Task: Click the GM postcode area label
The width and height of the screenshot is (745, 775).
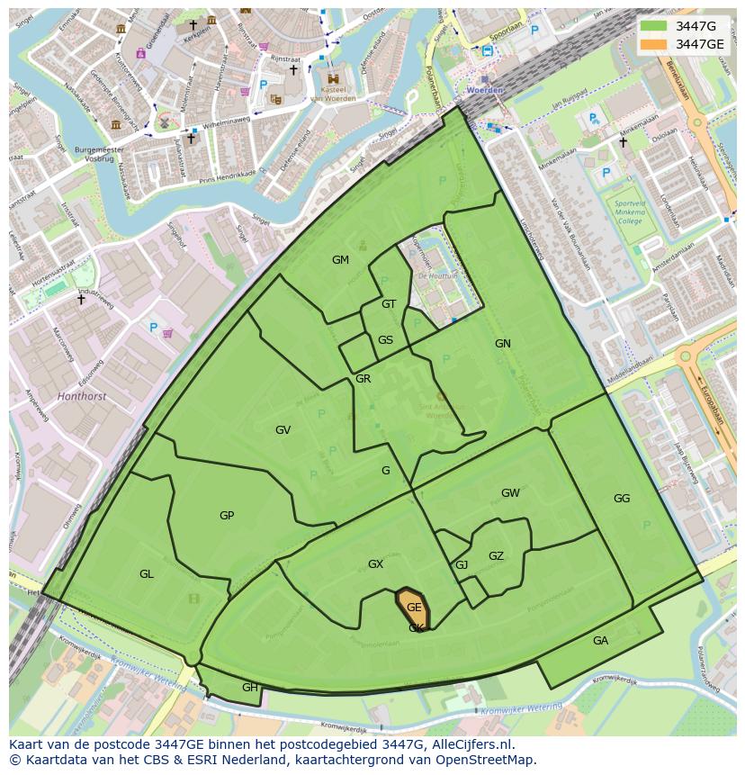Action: [x=340, y=260]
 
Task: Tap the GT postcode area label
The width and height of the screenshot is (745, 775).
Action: [x=389, y=304]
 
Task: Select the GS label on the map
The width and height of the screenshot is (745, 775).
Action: [x=385, y=340]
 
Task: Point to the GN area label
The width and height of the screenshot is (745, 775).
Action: [x=502, y=344]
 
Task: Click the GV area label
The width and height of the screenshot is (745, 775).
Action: [x=283, y=430]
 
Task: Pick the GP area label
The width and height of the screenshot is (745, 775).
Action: [x=227, y=516]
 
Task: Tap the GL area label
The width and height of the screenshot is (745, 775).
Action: [x=146, y=574]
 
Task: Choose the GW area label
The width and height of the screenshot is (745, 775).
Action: [x=510, y=493]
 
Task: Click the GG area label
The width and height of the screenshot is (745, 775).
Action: [x=622, y=499]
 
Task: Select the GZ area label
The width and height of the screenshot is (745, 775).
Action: [x=496, y=556]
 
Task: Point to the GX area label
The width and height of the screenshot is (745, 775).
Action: [x=375, y=564]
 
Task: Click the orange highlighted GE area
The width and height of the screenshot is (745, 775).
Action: [x=413, y=608]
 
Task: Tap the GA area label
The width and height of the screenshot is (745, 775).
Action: [x=600, y=641]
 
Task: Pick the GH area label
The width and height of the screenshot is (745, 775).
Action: [x=249, y=688]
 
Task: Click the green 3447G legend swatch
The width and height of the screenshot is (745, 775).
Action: [x=654, y=25]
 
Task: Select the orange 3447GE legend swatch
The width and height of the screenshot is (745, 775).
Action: [x=654, y=44]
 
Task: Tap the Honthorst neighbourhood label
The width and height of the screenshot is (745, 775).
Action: [x=81, y=396]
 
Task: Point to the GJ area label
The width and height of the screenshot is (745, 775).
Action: [x=462, y=565]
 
